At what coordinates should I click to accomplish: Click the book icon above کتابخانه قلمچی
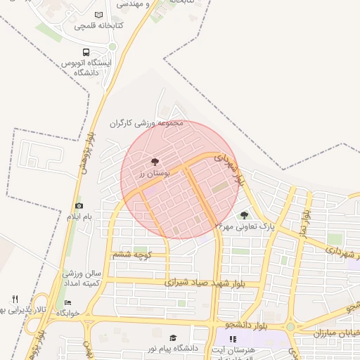[99, 15]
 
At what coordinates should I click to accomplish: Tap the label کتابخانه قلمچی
[99, 26]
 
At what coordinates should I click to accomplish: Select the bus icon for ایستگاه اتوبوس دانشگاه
[86, 52]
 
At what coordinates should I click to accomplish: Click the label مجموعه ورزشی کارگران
[146, 123]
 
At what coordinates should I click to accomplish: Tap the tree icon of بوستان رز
[155, 162]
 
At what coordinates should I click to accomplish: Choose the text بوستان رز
[151, 172]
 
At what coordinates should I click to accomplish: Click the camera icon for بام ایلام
[79, 205]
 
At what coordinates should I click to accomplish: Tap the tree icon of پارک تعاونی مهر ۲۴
[244, 215]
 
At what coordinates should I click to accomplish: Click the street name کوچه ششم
[131, 255]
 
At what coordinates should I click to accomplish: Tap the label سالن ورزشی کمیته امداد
[82, 277]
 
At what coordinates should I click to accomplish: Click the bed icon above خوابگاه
[67, 302]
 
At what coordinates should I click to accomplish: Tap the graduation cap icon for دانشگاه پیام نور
[173, 337]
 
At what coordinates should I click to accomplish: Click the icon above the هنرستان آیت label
[233, 338]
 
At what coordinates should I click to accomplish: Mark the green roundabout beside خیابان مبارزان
[290, 326]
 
